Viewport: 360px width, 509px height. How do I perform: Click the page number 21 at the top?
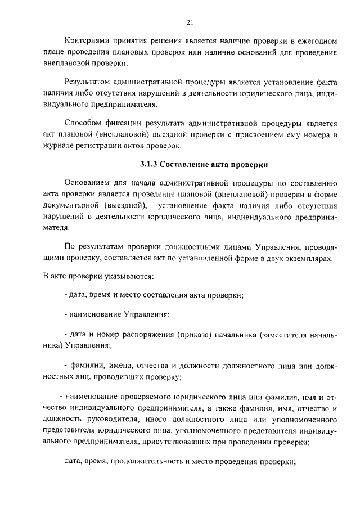(x=189, y=22)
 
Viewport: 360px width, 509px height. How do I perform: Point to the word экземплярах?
(x=309, y=258)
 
